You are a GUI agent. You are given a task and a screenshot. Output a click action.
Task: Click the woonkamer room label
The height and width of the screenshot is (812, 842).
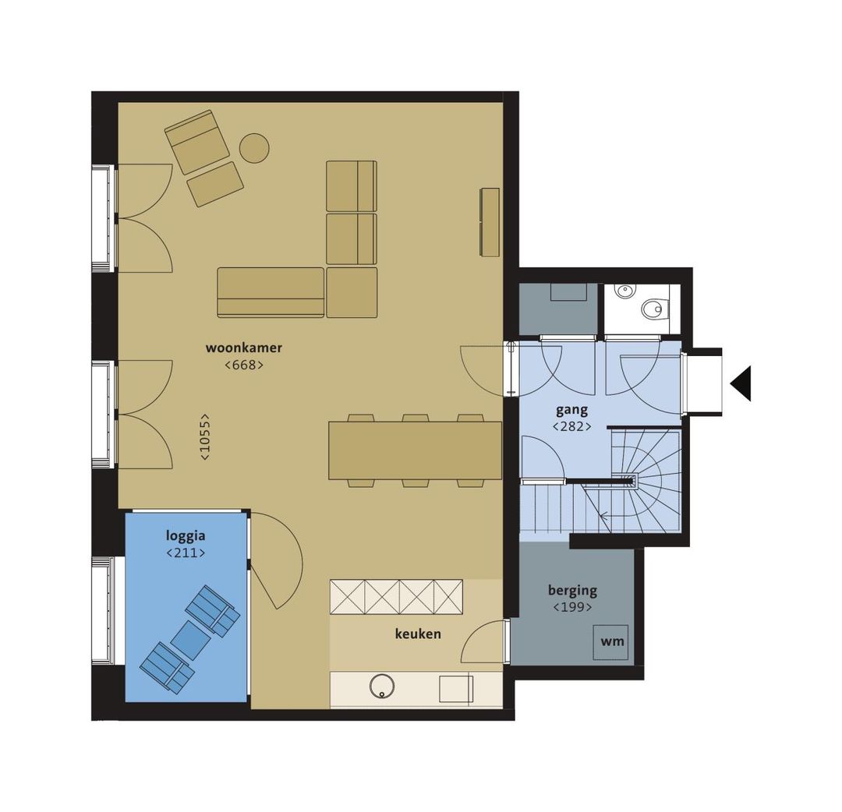(x=244, y=348)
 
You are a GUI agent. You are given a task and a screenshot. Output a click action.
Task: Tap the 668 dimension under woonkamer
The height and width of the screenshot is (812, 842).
(x=244, y=364)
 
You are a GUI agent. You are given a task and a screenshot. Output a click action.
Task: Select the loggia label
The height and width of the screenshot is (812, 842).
(x=186, y=535)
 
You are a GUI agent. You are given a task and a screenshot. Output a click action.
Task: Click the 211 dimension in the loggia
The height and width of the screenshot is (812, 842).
(x=186, y=553)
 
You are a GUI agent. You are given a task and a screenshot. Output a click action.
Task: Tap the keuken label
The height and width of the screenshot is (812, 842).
(x=418, y=634)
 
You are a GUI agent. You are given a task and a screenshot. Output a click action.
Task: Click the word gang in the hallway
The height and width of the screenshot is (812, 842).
(x=571, y=410)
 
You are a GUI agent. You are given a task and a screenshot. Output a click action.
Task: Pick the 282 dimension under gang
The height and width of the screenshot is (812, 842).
(x=571, y=426)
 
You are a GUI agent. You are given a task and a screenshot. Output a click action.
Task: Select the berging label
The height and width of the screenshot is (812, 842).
(x=572, y=590)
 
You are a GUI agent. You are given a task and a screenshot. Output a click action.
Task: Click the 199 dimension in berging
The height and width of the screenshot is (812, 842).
(x=572, y=607)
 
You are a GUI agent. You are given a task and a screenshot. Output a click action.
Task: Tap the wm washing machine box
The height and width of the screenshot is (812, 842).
(x=612, y=642)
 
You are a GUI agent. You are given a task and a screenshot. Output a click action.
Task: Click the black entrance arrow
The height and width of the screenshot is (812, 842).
(x=741, y=383)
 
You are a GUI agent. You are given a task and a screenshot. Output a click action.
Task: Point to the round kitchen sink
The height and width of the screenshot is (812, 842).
(x=381, y=686)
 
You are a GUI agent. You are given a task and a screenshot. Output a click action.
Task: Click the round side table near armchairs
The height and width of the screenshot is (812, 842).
(x=253, y=148)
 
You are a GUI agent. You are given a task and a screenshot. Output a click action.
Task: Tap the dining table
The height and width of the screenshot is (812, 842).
(x=415, y=450)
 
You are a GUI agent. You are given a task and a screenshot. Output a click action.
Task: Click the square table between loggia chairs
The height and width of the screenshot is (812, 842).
(x=191, y=639)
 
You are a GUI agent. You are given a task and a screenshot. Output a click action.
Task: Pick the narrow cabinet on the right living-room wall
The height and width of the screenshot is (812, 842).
(x=490, y=221)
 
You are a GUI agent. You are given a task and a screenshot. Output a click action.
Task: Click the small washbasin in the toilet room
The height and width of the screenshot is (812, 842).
(x=624, y=291)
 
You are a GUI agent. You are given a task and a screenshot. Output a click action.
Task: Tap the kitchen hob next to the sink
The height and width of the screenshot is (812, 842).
(x=455, y=689)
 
